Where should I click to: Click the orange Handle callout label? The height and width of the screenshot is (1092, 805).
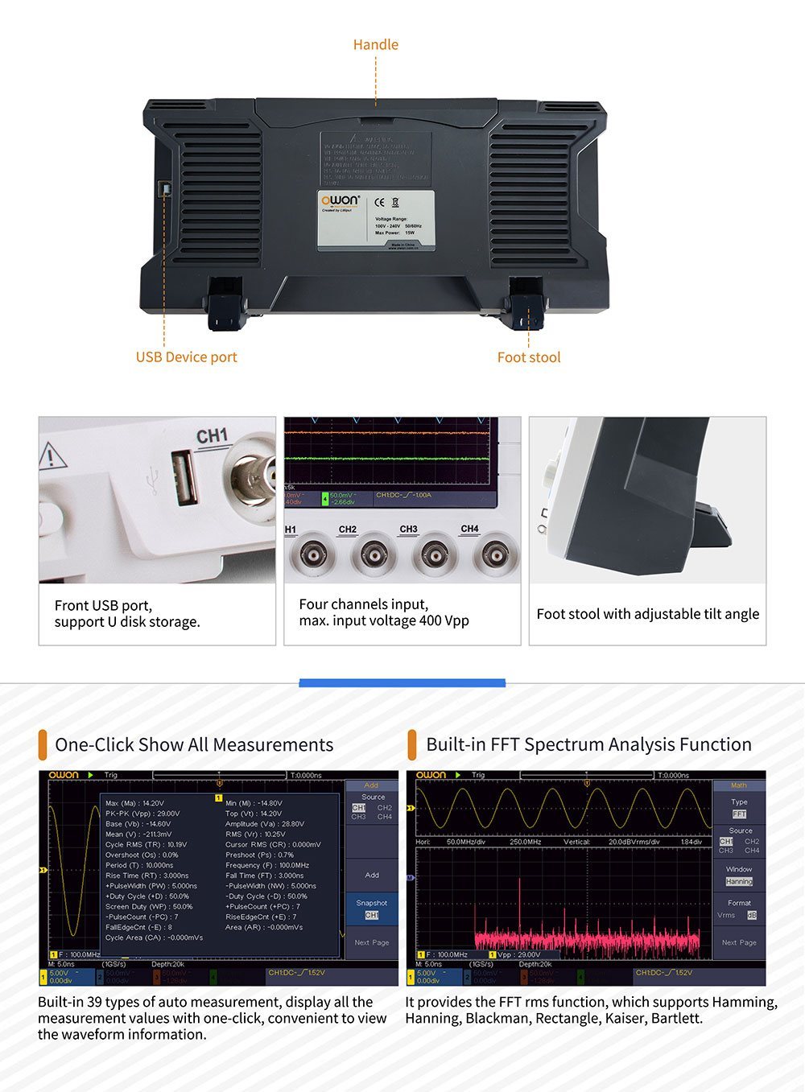(x=375, y=44)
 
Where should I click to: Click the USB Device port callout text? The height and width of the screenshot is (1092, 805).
(x=186, y=357)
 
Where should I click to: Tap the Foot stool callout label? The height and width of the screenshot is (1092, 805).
(x=528, y=357)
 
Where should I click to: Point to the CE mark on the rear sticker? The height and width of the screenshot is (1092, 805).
(x=380, y=202)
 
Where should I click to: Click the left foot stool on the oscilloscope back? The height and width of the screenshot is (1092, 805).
(x=225, y=305)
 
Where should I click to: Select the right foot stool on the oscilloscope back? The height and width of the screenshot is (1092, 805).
(x=525, y=305)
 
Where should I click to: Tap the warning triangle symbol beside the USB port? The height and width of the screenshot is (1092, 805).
(x=52, y=456)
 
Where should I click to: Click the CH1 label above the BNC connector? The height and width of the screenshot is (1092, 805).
(x=212, y=436)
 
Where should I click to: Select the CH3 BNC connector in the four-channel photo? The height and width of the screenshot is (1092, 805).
(x=434, y=555)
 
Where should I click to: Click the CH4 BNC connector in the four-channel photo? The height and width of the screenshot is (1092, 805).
(x=494, y=555)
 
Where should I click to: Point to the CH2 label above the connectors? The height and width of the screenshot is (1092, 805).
(x=348, y=530)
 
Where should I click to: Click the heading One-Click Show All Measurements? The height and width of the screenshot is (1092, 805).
(x=194, y=745)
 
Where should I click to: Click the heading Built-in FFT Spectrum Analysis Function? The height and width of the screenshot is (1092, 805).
(x=588, y=745)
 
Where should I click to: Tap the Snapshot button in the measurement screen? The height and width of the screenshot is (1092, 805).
(x=371, y=909)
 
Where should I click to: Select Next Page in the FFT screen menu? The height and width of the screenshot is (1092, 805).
(x=738, y=942)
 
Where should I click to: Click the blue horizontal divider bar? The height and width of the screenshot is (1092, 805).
(x=402, y=683)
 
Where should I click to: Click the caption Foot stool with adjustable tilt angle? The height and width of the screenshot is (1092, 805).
(x=647, y=614)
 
